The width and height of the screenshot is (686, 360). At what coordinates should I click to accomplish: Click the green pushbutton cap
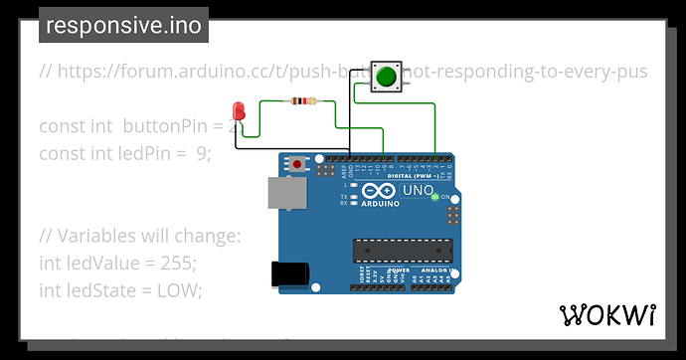386,77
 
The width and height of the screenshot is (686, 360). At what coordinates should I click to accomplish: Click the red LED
238,109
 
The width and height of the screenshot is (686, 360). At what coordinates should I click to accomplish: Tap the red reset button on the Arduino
297,163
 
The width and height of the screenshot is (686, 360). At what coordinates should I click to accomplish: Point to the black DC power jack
288,274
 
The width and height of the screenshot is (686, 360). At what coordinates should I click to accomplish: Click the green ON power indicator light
435,197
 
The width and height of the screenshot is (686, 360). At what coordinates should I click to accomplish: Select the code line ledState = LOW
119,289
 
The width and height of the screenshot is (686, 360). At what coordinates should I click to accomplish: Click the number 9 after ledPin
204,153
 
